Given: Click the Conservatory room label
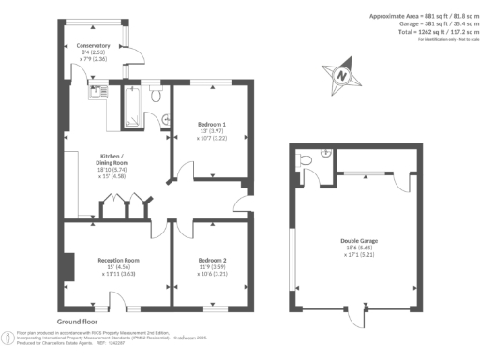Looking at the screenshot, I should click(x=94, y=45).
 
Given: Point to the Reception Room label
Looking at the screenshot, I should click(x=118, y=259).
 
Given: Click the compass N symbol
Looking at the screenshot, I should click(x=343, y=75).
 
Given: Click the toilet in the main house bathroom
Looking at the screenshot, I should click(x=156, y=94).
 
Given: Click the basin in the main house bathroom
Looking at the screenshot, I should click(x=165, y=118).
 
